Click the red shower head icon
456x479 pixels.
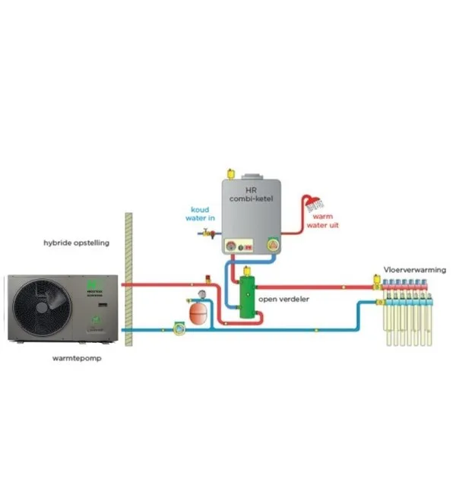pos(312,202)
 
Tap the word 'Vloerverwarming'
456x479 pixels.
pos(414,270)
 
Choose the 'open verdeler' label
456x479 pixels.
pos(283,299)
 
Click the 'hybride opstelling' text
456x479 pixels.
pos(76,243)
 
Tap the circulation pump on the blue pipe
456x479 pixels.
pos(179,328)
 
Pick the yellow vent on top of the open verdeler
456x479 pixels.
pos(248,269)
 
